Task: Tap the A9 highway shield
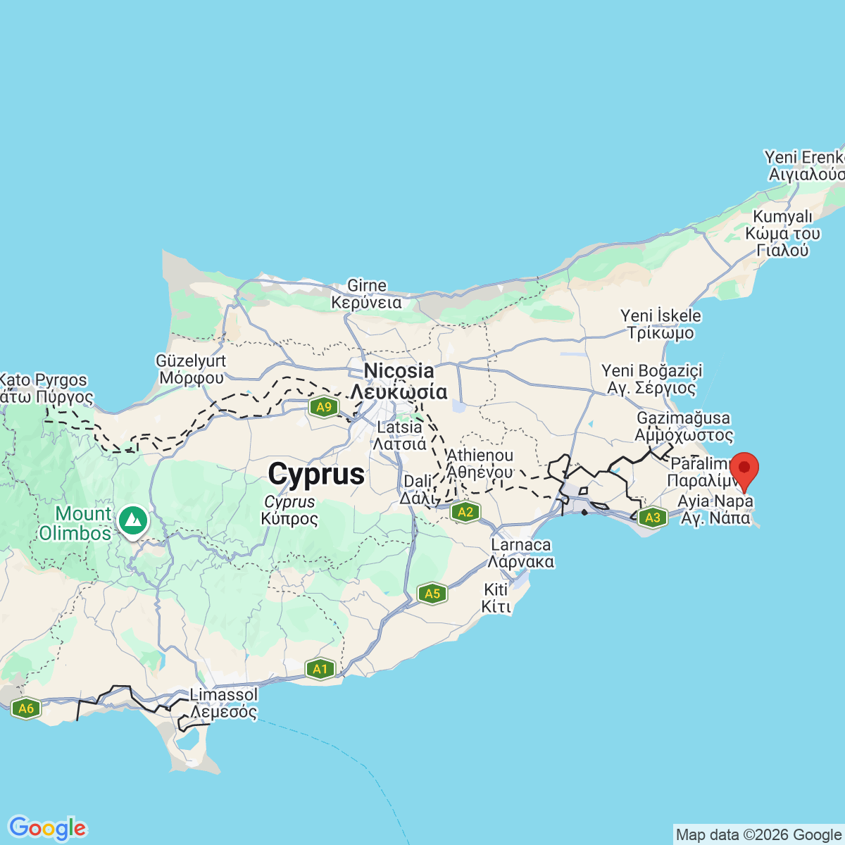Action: (x=324, y=407)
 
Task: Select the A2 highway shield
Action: (x=465, y=512)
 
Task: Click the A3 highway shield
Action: (x=653, y=518)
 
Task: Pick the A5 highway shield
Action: (x=432, y=594)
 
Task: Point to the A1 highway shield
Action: (x=320, y=669)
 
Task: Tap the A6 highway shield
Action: (x=26, y=708)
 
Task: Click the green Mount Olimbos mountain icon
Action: (x=132, y=521)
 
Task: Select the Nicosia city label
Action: (x=399, y=371)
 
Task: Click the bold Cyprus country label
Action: (x=316, y=475)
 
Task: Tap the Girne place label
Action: (x=367, y=286)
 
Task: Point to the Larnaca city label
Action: (x=521, y=545)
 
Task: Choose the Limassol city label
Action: (x=224, y=695)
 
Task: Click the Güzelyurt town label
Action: (x=191, y=361)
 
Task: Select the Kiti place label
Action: (x=496, y=590)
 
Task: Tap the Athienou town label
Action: (x=480, y=456)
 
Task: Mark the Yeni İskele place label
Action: (x=661, y=316)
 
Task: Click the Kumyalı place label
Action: (x=783, y=217)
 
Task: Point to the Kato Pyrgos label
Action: (x=44, y=380)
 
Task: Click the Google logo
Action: (x=47, y=828)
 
